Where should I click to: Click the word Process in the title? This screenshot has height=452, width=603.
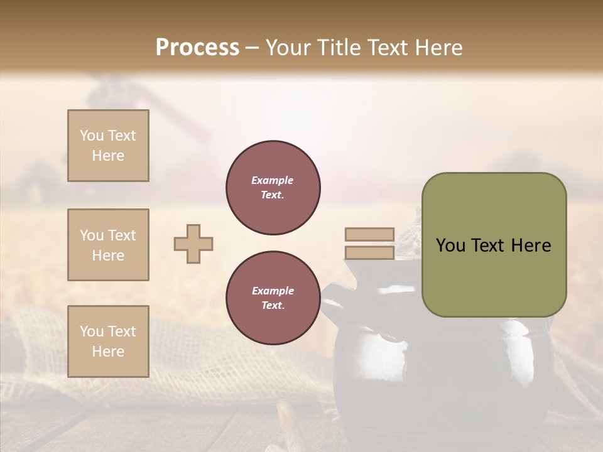(x=197, y=47)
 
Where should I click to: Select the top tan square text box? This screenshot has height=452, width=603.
(x=108, y=146)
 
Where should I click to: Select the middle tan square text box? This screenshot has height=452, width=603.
(x=108, y=245)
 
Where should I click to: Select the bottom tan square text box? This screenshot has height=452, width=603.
(x=108, y=342)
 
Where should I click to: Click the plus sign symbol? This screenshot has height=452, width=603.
(x=193, y=244)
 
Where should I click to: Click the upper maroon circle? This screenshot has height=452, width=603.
(x=273, y=188)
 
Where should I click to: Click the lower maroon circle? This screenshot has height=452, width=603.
(x=273, y=298)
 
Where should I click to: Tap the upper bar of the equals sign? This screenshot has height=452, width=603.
(x=369, y=234)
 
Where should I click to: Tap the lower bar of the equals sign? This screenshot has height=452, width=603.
(x=369, y=253)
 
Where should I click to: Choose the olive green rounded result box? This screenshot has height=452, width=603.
(x=494, y=245)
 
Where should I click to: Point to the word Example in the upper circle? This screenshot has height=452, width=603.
(x=273, y=180)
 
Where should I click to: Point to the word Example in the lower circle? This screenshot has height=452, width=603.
(x=273, y=291)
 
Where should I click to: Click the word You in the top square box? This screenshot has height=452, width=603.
(x=91, y=136)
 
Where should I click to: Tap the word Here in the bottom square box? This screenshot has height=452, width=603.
(x=108, y=352)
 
